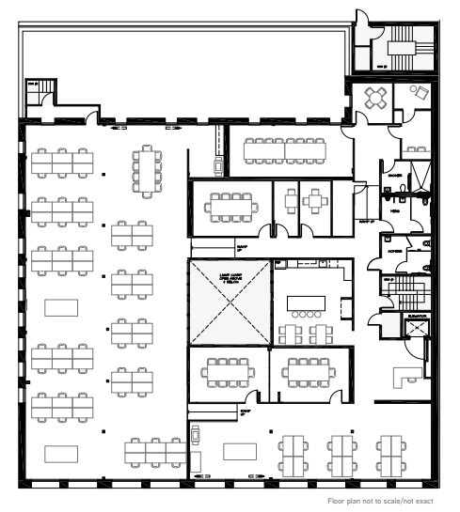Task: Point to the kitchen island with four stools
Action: tap(305, 303)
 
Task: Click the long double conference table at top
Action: tap(284, 147)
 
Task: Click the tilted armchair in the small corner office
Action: tap(419, 92)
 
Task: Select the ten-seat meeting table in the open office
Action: tap(148, 169)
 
